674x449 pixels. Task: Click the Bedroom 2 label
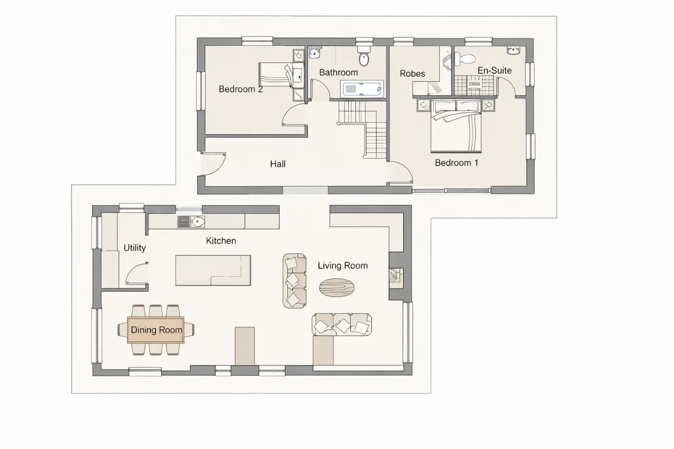[x=241, y=89]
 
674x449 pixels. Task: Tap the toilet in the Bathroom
[x=364, y=56]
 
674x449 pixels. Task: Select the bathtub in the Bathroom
[x=362, y=89]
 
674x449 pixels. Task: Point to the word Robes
[x=412, y=74]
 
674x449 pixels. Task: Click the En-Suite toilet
[x=464, y=58]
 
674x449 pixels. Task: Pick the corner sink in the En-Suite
[x=513, y=51]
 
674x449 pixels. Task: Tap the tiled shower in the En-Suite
[x=474, y=85]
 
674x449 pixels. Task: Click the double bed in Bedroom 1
[x=456, y=126]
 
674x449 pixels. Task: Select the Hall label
[x=277, y=164]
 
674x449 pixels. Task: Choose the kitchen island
[x=213, y=271]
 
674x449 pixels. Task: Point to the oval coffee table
[x=336, y=287]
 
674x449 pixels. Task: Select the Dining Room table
[x=155, y=330]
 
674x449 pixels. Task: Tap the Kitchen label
[x=221, y=241]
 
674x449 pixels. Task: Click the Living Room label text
[x=343, y=265]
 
